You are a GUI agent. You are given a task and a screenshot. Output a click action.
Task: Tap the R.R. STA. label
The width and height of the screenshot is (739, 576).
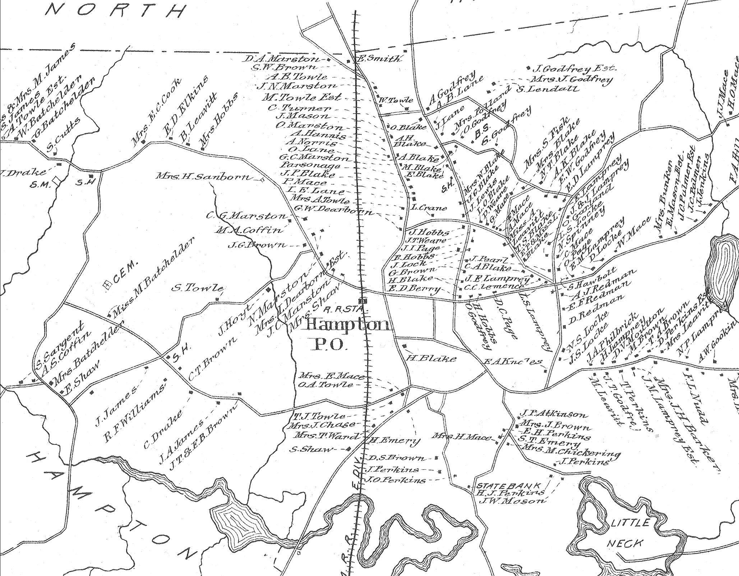click(x=344, y=309)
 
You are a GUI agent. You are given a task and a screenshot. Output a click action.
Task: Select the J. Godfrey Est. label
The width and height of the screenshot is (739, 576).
click(x=574, y=68)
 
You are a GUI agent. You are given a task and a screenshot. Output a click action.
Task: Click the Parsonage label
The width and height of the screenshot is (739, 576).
click(x=309, y=166)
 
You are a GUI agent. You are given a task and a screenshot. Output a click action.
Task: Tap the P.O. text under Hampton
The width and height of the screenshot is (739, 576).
click(x=330, y=345)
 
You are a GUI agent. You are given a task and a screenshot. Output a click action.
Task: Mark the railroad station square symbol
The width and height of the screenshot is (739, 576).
click(x=363, y=301)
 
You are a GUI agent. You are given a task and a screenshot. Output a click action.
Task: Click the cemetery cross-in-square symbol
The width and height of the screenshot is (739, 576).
click(x=107, y=285)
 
